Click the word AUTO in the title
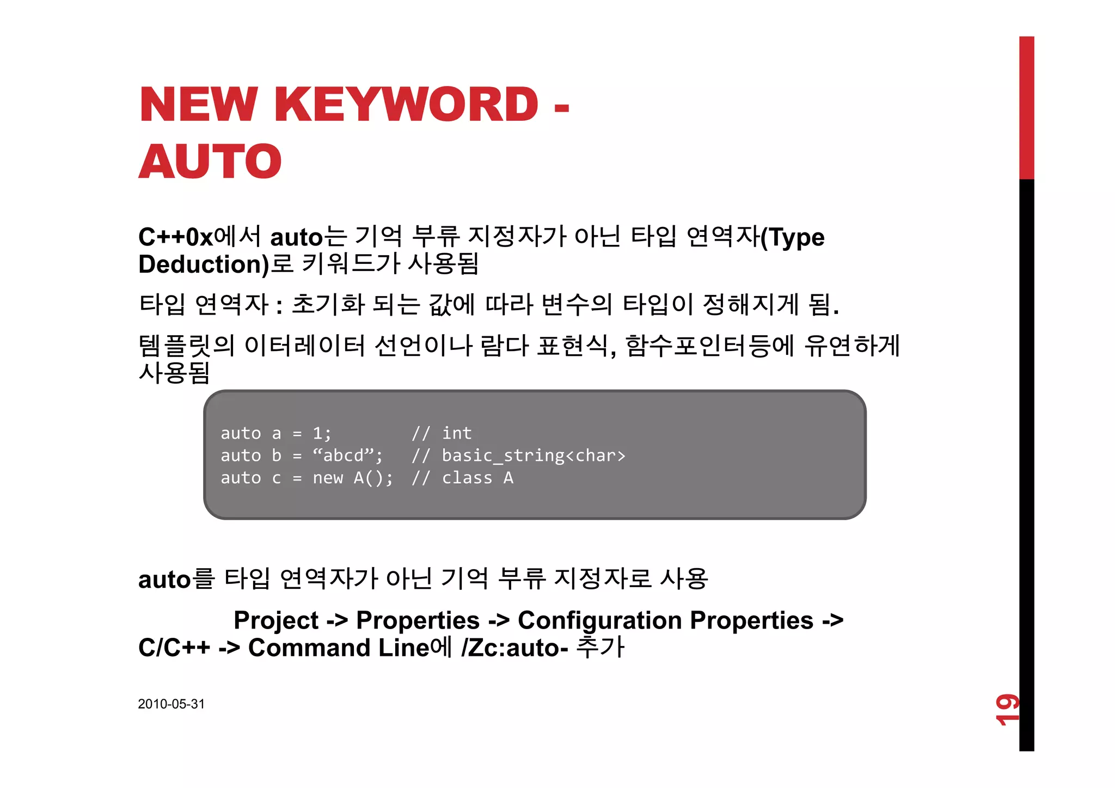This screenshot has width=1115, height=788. (x=210, y=161)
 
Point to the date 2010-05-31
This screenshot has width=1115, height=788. (x=171, y=704)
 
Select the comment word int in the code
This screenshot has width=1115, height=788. (x=456, y=433)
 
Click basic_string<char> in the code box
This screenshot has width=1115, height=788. (x=533, y=455)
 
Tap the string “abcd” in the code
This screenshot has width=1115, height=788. (x=346, y=455)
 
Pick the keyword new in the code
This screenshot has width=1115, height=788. (x=328, y=478)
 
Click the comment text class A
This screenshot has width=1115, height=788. (x=477, y=478)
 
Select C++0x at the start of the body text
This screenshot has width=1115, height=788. (x=175, y=237)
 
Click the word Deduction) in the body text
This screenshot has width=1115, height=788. (x=204, y=265)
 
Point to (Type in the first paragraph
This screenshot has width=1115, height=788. (x=792, y=237)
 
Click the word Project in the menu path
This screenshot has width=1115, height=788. (x=276, y=620)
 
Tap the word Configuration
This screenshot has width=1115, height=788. (x=599, y=620)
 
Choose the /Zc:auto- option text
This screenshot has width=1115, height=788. (x=514, y=648)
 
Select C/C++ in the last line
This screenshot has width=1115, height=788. (x=174, y=648)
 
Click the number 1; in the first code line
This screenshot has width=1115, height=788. (x=321, y=433)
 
